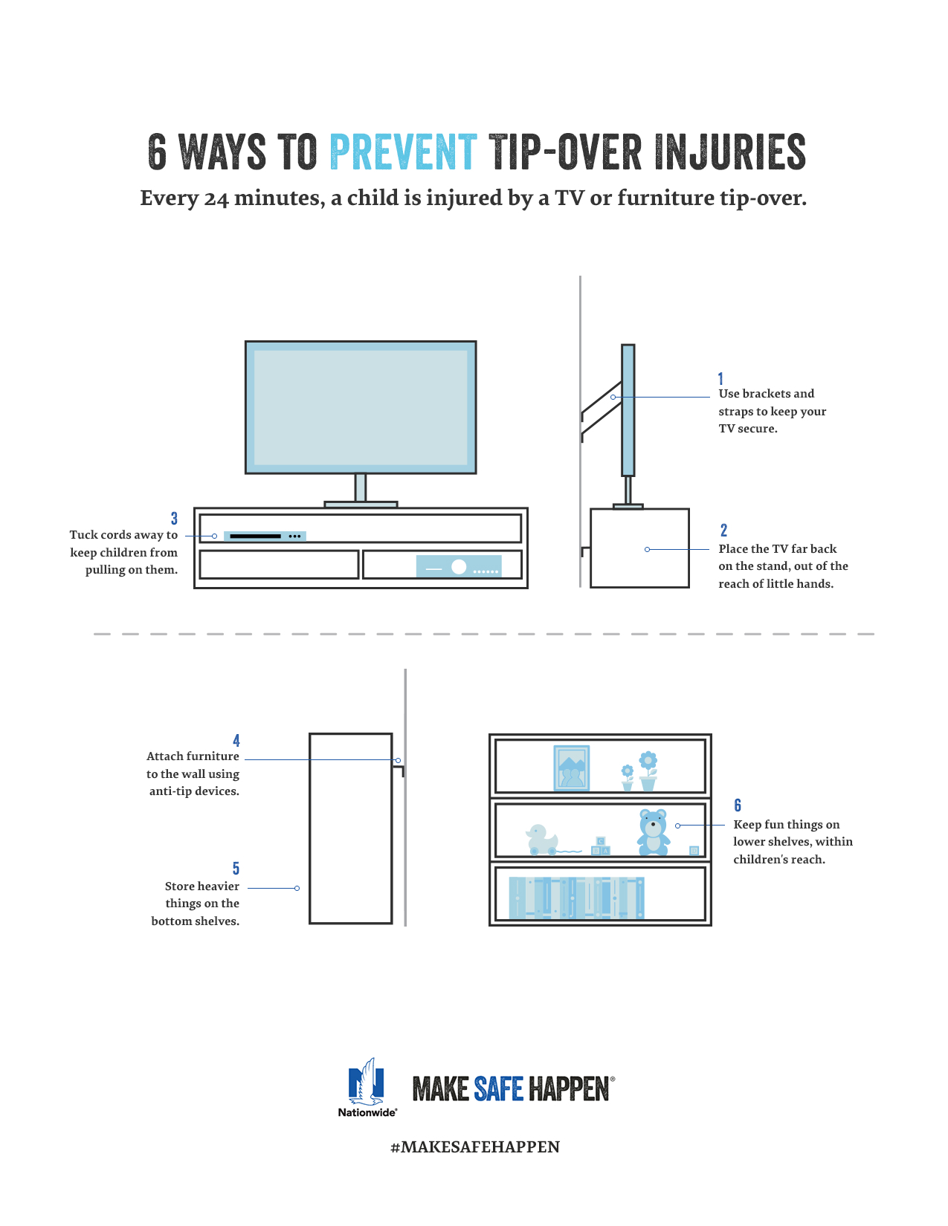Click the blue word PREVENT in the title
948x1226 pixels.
[403, 152]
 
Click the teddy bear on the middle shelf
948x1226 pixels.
[654, 832]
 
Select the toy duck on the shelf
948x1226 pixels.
[541, 839]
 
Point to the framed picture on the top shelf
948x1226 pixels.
[572, 768]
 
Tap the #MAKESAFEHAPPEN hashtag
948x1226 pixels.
[474, 1146]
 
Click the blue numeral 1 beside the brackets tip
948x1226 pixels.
[720, 378]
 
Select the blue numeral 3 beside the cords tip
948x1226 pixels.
[174, 519]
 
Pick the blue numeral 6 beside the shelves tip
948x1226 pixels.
[738, 805]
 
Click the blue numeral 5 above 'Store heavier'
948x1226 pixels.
[236, 868]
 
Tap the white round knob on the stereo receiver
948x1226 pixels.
[459, 567]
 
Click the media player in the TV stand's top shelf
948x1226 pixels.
[265, 536]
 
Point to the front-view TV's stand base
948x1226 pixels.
[361, 504]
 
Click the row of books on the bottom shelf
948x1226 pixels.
[576, 898]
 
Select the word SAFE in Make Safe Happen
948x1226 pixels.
[499, 1089]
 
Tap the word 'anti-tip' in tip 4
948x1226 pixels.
[170, 791]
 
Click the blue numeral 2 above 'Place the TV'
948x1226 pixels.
[723, 530]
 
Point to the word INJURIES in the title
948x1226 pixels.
[731, 152]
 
